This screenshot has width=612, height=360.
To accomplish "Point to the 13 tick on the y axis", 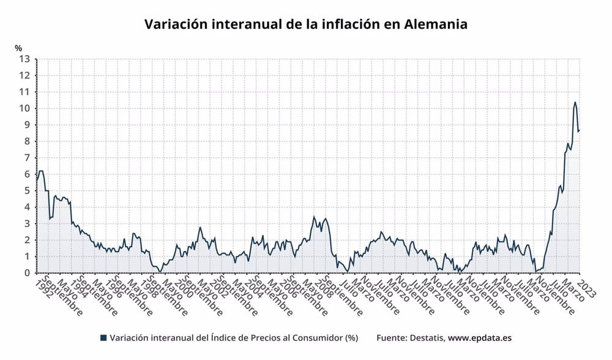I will pyautogui.click(x=24, y=59).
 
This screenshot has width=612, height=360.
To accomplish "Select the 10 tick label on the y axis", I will pyautogui.click(x=24, y=108).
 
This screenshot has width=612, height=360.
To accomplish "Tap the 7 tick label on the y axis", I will pyautogui.click(x=26, y=158).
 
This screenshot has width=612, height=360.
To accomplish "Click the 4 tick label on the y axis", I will pyautogui.click(x=26, y=208).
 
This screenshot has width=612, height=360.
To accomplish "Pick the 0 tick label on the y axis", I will pyautogui.click(x=26, y=273).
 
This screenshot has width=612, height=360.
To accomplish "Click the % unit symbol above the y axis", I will pyautogui.click(x=18, y=48).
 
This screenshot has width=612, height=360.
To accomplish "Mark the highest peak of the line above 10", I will pyautogui.click(x=575, y=102).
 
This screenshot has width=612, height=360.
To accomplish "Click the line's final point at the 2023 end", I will pyautogui.click(x=579, y=130).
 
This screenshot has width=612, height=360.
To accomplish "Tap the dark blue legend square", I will pyautogui.click(x=103, y=337).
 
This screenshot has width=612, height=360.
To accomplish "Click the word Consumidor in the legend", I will pyautogui.click(x=313, y=337).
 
